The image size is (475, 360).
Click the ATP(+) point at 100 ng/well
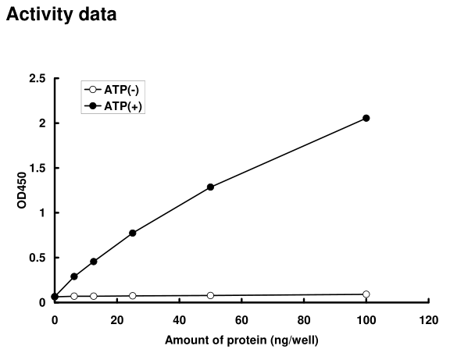click(366, 118)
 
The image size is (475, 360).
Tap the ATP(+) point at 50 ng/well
click(211, 187)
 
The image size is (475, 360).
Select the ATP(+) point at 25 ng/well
click(133, 233)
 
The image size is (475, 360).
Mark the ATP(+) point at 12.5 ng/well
click(94, 262)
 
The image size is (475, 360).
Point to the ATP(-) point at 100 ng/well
click(366, 294)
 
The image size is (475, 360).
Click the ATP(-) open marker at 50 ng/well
click(211, 295)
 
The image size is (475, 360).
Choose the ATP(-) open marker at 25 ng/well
click(133, 296)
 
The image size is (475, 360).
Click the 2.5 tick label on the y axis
click(37, 78)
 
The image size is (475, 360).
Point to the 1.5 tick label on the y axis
click(37, 168)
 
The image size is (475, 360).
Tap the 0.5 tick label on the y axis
click(37, 258)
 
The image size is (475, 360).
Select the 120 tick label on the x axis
click(428, 319)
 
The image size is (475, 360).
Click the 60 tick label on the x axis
click(241, 319)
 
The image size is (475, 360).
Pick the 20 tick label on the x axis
click(117, 319)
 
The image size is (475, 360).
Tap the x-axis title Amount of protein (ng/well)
click(241, 340)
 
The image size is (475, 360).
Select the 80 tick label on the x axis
click(304, 319)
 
